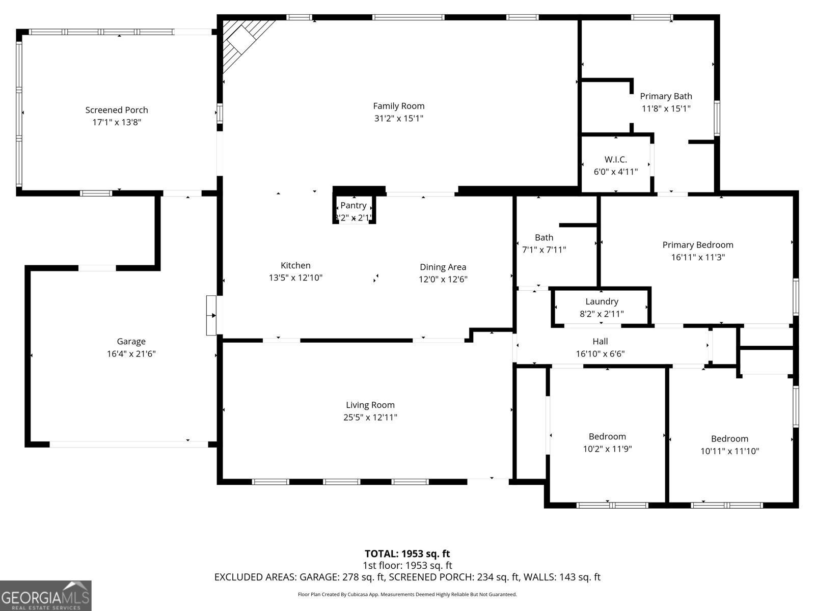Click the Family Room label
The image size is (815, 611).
[398, 106]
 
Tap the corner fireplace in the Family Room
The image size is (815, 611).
[243, 41]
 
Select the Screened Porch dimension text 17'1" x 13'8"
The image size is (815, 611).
[117, 122]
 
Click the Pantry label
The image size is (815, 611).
[353, 205]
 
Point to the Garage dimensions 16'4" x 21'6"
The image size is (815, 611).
[131, 354]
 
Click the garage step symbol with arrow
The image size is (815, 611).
[211, 315]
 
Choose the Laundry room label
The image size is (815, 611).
[602, 301]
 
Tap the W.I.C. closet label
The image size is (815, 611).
[615, 159]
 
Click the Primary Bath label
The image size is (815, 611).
[666, 96]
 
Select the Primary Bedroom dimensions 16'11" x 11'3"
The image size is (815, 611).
[697, 257]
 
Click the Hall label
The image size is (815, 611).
[600, 341]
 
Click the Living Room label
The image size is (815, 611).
[370, 405]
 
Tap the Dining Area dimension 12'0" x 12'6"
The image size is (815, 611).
[443, 279]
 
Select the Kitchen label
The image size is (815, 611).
[295, 265]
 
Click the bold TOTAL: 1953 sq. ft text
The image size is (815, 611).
[407, 553]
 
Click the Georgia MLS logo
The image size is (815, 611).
[46, 596]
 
